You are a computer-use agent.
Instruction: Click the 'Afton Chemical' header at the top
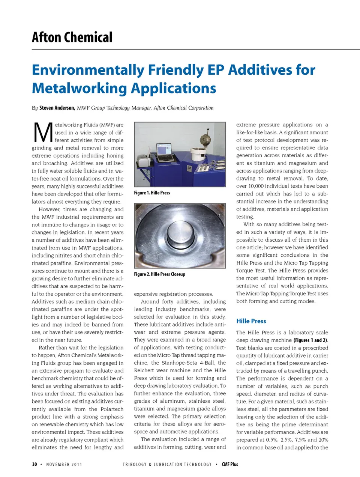click(x=72, y=38)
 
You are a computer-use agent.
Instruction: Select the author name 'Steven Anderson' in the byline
click(x=57, y=108)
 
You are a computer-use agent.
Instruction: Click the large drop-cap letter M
click(x=43, y=133)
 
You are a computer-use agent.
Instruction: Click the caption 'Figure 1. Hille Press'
click(x=152, y=193)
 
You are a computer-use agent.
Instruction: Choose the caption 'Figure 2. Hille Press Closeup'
click(x=159, y=274)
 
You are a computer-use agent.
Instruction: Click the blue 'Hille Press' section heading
click(x=251, y=321)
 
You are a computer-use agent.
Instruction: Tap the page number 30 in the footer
click(x=34, y=465)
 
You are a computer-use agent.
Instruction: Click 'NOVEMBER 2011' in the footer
click(x=64, y=465)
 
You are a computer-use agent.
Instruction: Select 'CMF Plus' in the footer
click(x=230, y=465)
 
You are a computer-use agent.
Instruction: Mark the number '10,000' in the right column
click(x=255, y=186)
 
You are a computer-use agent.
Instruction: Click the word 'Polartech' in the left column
click(x=112, y=409)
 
